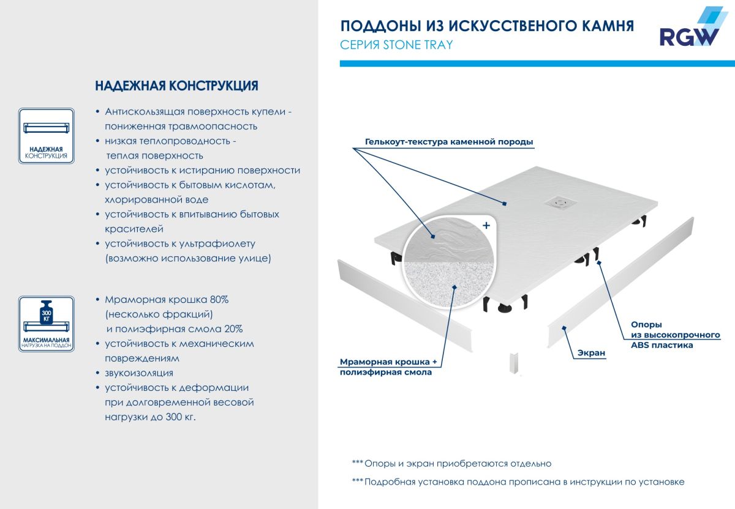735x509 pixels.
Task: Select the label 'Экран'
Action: coord(591,353)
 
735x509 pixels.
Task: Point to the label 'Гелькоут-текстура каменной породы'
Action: coord(449,142)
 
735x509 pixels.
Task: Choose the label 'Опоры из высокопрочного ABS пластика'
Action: coord(675,335)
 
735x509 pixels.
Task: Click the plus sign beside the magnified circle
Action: coord(486,225)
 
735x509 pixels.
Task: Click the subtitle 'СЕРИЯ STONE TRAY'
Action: coord(396,45)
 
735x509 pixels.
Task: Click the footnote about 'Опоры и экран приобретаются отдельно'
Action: coord(452,464)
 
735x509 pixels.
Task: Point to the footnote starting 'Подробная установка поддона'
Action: coord(518,482)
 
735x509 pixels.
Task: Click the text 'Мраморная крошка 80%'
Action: coord(167,300)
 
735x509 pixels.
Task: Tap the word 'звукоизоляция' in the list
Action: coord(130,373)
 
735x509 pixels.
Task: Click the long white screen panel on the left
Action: coord(405,305)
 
